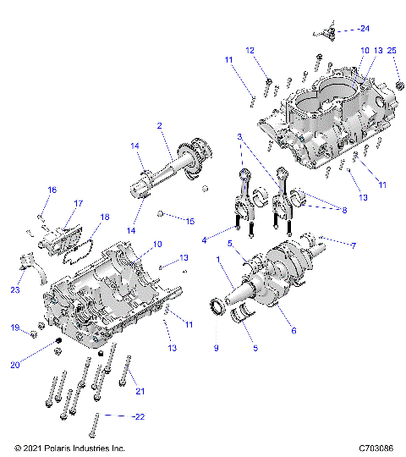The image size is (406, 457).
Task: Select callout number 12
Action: point(250,51)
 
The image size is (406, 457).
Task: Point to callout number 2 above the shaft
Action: point(158,126)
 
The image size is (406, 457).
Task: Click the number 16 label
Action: point(52,190)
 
